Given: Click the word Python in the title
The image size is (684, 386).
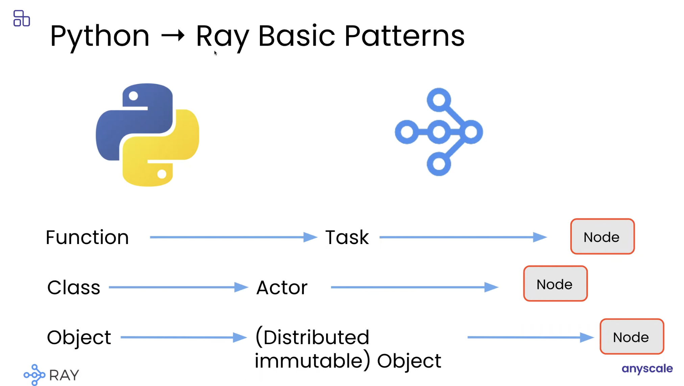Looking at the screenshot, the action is click(100, 37).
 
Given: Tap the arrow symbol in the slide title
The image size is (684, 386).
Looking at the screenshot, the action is click(173, 35).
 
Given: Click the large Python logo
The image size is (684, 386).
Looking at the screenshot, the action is click(147, 135).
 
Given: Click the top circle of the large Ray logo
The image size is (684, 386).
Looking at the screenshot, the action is click(439, 100).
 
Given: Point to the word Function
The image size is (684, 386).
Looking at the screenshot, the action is click(87, 237).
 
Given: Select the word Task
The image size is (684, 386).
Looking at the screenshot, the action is click(347, 237).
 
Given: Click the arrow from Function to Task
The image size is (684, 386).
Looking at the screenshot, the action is click(234, 237).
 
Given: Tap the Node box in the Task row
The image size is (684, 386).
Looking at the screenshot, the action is click(602, 237).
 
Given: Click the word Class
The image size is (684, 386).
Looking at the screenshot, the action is click(74, 288).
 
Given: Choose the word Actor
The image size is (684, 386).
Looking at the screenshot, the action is click(282, 288).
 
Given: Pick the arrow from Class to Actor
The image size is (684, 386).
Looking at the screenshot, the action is click(178, 287).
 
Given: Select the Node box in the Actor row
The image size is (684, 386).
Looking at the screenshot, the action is click(555, 284).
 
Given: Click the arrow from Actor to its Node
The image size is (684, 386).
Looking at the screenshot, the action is click(415, 287).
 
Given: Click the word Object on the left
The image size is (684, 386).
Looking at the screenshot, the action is click(79, 337).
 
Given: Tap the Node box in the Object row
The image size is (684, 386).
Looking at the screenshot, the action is click(632, 337).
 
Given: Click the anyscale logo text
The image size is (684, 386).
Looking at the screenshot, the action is click(647, 369).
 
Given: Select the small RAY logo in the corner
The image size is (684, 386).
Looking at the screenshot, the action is click(51, 375).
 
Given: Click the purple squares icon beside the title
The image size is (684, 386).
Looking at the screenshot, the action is click(22, 18).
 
